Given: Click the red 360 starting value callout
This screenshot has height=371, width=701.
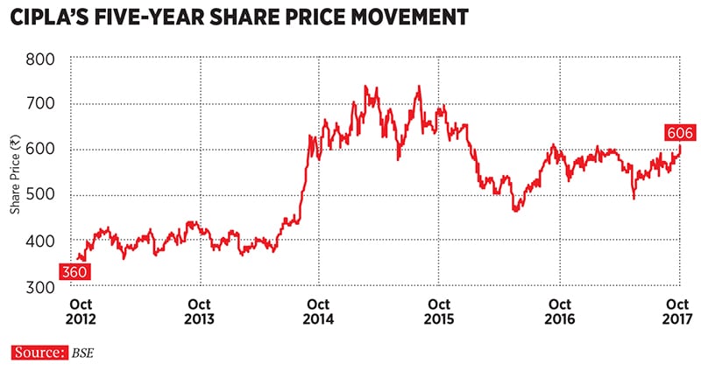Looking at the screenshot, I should (75, 273).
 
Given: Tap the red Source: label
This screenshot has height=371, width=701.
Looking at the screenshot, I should (39, 353).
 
